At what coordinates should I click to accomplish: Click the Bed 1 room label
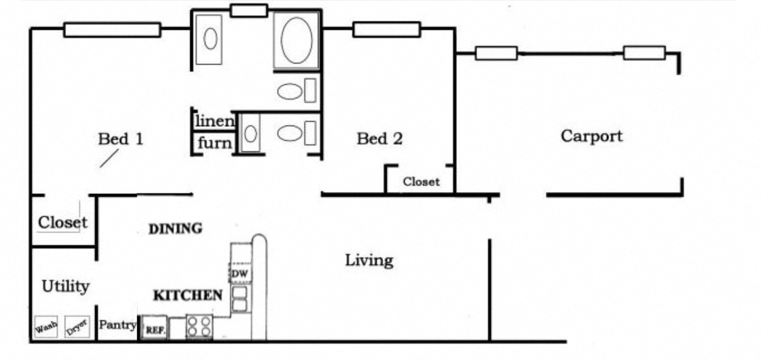pos(120,139)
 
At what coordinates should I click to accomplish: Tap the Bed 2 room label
pos(379,138)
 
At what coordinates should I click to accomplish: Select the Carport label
pos(591,136)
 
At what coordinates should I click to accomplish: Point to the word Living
pos(368,260)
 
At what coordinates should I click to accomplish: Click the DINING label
pos(175,229)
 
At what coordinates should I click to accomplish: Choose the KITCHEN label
pos(188,295)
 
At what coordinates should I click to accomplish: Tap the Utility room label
pos(65,286)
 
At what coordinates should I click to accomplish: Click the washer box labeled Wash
pos(46,327)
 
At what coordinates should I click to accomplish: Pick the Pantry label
pos(118,325)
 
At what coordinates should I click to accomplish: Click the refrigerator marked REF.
pos(155,329)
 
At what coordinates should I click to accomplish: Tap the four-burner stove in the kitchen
pos(199,327)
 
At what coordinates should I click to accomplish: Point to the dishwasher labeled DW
pos(239,273)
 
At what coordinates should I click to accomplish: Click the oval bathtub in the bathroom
pos(296,41)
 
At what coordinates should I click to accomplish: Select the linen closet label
pos(215,120)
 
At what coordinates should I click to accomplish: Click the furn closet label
pos(214,143)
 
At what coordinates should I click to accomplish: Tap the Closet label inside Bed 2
pos(421,182)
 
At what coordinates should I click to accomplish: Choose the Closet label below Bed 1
pos(62,222)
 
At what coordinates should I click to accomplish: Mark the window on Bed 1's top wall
pos(112,30)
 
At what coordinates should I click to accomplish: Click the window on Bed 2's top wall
pos(386,29)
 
